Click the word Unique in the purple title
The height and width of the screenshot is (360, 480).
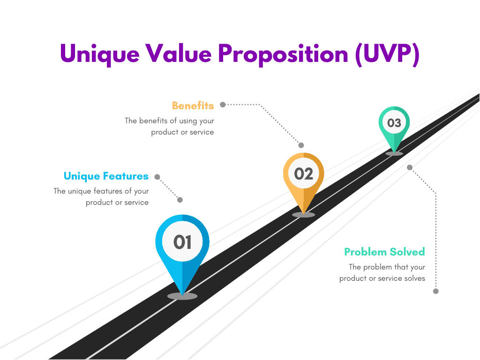click(100, 54)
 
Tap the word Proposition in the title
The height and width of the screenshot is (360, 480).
click(283, 54)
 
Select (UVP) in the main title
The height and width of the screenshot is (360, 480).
click(387, 54)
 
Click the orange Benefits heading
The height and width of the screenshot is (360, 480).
click(193, 105)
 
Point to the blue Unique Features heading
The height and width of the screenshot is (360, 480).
click(106, 176)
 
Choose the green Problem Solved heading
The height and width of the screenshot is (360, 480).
click(384, 252)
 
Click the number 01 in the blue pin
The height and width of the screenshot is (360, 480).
click(182, 242)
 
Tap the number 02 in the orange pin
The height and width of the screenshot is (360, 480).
click(304, 174)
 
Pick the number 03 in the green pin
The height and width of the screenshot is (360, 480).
click(394, 123)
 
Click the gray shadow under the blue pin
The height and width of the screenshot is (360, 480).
click(182, 296)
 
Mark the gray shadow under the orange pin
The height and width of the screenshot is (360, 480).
click(303, 215)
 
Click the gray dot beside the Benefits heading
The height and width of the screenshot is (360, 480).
click(223, 105)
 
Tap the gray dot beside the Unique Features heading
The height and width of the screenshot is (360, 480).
click(157, 177)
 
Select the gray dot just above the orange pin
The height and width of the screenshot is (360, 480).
click(301, 145)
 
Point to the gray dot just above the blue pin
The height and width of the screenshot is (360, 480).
click(180, 200)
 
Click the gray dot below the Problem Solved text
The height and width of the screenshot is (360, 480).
click(436, 291)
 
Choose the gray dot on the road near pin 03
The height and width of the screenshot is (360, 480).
click(410, 167)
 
